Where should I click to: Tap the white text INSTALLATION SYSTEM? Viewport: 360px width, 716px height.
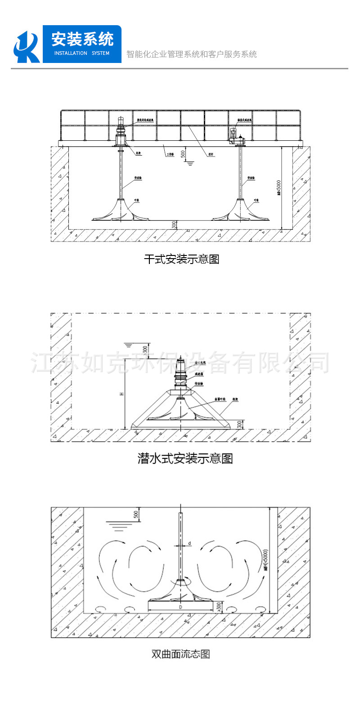(x=81, y=53)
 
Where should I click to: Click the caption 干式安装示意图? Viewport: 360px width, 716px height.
(x=181, y=260)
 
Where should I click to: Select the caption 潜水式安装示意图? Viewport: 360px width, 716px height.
(x=185, y=458)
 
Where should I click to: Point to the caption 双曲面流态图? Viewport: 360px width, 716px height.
(x=181, y=653)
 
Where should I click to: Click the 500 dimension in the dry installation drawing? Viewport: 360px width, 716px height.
(x=183, y=153)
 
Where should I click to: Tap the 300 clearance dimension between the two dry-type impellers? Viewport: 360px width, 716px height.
(x=174, y=224)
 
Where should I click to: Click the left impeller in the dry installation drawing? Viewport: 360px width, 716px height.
(x=120, y=211)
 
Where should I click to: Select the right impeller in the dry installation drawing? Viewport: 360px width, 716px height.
(x=240, y=211)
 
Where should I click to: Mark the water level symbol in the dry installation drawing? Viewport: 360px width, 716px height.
(x=190, y=163)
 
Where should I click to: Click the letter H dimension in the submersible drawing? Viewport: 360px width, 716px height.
(x=121, y=394)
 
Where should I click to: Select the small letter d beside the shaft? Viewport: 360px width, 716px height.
(x=189, y=543)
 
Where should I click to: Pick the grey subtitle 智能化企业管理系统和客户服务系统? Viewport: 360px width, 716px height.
(x=192, y=54)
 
